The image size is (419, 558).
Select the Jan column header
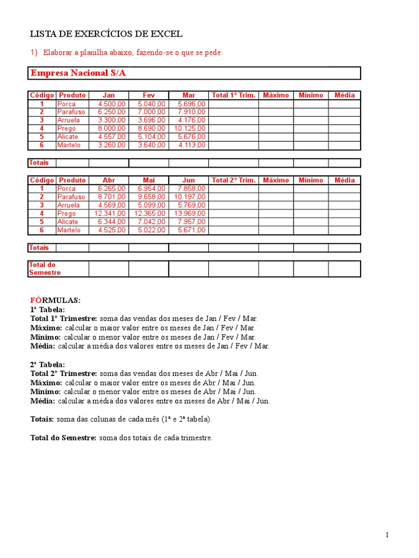109,95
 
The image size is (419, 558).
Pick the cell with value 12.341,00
110,214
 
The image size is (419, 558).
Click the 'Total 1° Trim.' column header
233,95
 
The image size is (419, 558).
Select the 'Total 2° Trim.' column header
233,180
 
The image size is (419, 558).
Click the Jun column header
188,180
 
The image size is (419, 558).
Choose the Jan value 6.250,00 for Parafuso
112,112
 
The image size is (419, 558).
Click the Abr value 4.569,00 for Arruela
112,205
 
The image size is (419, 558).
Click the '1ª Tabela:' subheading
47,310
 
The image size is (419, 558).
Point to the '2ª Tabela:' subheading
47,365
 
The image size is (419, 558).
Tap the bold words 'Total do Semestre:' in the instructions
63,438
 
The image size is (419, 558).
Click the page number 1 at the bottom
387,535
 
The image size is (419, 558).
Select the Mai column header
149,180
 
